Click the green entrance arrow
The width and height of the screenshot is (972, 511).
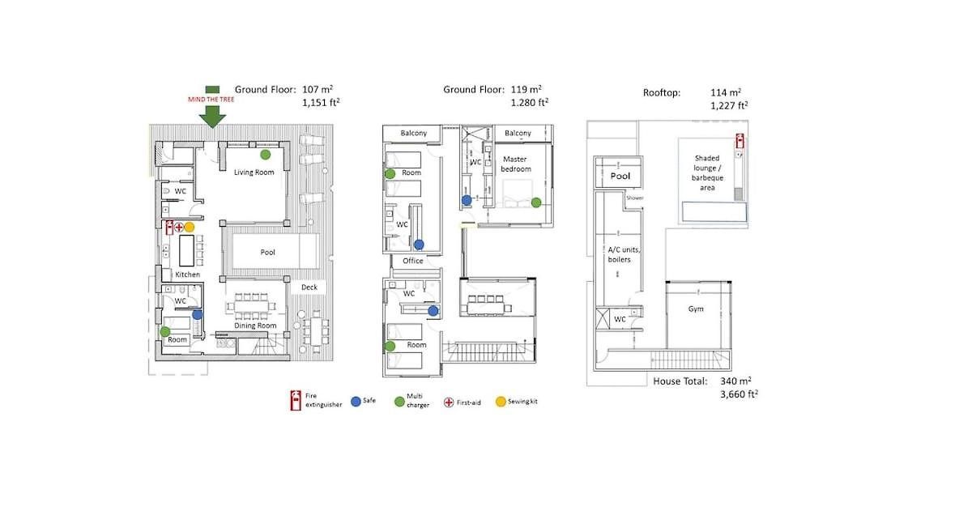coord(212,117)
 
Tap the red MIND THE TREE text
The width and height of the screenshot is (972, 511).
coord(211,100)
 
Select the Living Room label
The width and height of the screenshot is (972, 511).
coord(254,172)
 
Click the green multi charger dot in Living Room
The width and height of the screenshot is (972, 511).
coord(265,154)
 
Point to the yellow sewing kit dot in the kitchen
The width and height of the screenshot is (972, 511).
coord(190,227)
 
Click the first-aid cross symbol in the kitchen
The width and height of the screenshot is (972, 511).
coord(179,227)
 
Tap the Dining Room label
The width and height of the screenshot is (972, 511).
coord(255,326)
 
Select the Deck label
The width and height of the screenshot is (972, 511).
coord(309,287)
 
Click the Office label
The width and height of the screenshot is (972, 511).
coord(412,261)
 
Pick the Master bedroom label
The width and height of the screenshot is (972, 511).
coord(515,164)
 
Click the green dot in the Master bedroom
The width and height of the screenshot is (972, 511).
coord(536,202)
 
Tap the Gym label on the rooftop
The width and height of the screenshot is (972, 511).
coord(696,309)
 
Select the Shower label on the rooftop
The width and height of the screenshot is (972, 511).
coord(635,198)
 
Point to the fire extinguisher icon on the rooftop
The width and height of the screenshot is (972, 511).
coord(740,141)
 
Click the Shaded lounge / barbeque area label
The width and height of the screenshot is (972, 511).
coord(707,173)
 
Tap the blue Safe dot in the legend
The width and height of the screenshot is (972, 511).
coord(356,402)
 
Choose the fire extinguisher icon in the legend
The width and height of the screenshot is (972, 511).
coord(296,400)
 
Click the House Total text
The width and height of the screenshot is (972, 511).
coord(680,381)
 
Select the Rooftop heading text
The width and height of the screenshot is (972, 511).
coord(662,93)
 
